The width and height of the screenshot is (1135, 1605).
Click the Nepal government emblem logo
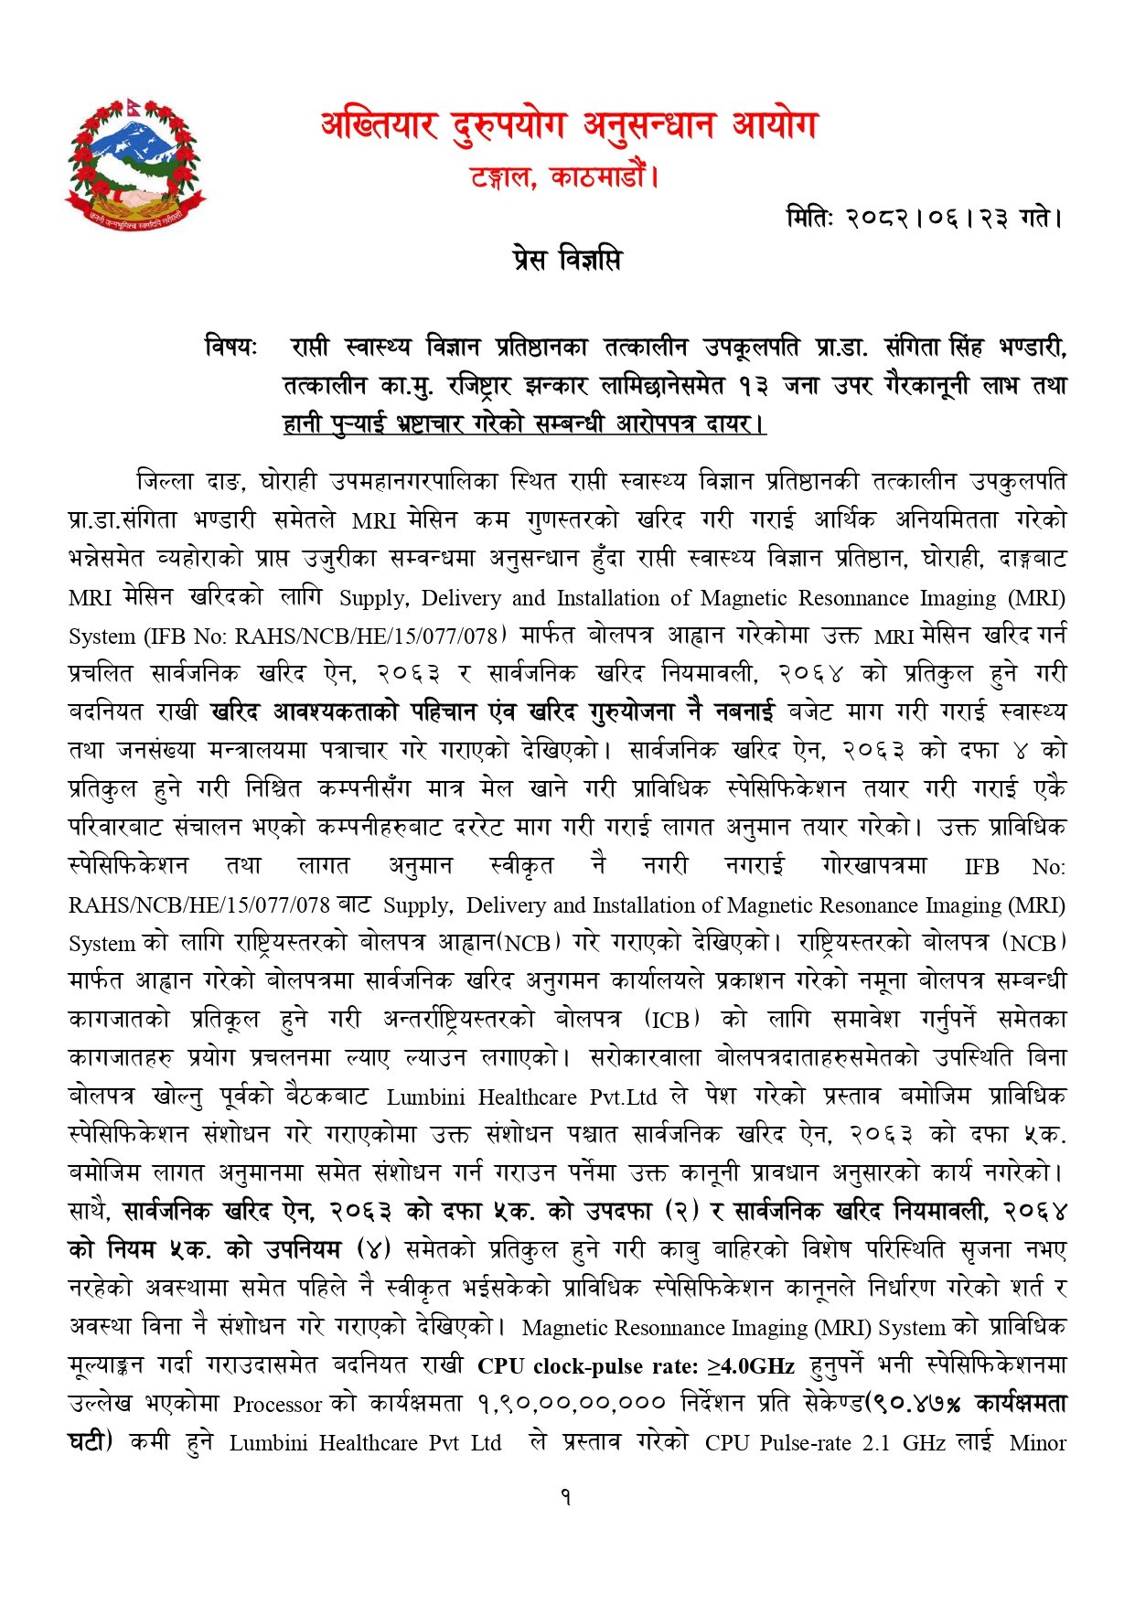click(134, 164)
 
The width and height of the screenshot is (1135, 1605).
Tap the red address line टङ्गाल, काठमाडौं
click(564, 176)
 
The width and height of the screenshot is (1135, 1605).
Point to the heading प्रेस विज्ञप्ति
click(566, 261)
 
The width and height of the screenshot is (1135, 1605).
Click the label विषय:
click(231, 348)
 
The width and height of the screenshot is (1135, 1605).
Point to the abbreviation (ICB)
click(672, 1019)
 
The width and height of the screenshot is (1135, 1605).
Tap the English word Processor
click(277, 1404)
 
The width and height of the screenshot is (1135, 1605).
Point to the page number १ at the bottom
click(566, 1497)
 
